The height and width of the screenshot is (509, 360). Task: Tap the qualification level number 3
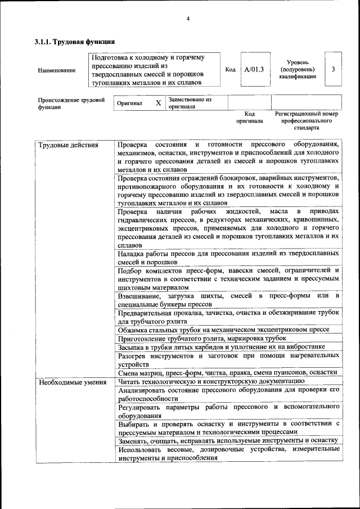pos(334,69)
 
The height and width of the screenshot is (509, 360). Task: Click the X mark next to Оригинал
pos(158,103)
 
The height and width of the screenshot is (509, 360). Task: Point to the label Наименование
pos(56,70)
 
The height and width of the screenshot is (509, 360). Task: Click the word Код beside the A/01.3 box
pos(230,70)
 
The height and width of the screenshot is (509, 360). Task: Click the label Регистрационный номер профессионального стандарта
pos(307,120)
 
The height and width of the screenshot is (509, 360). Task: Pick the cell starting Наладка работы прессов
pos(228,258)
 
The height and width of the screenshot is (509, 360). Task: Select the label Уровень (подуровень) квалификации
pos(297,69)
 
